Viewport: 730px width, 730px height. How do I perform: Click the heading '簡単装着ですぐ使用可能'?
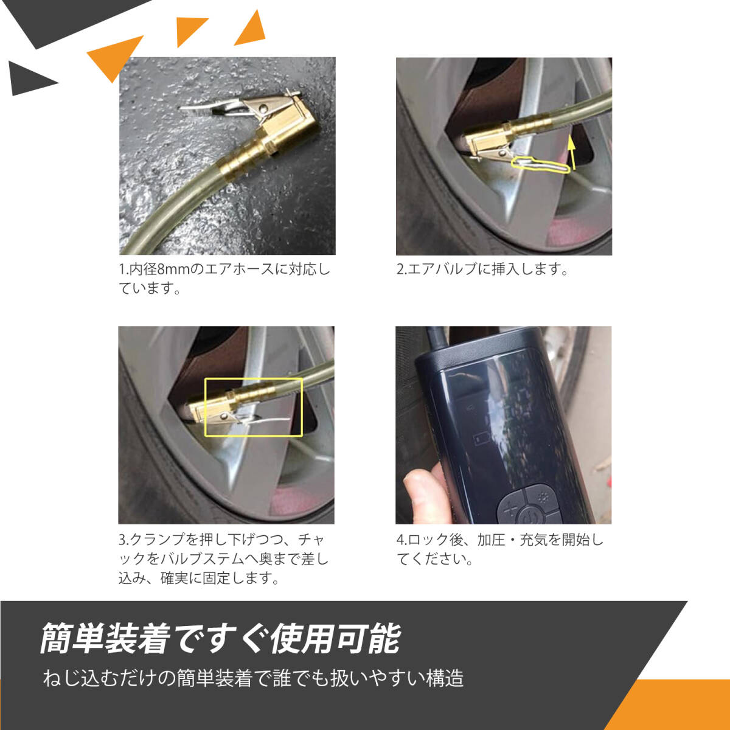220,639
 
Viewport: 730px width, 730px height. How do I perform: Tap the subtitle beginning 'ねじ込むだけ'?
253,678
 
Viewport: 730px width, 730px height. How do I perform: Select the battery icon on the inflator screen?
480,439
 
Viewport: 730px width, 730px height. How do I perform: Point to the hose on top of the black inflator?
436,339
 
